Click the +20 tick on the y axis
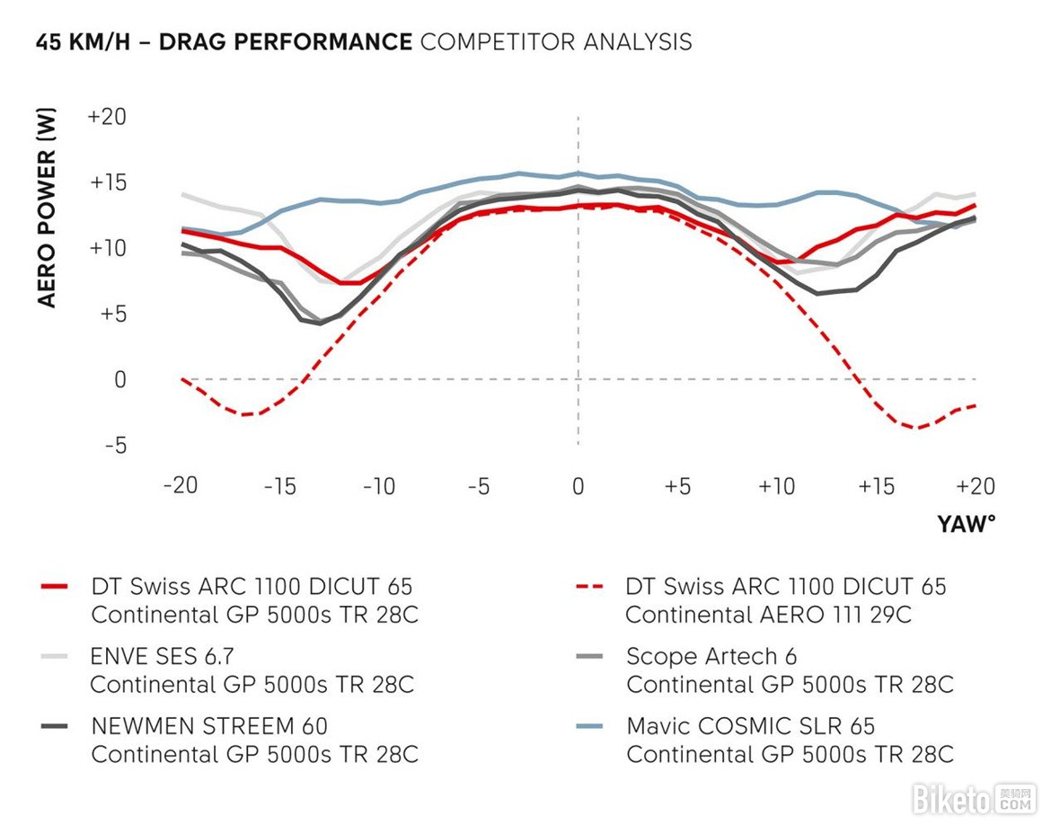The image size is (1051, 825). pos(108,117)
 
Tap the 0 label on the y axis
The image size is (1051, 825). pos(119,380)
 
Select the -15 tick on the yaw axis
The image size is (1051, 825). pos(279,487)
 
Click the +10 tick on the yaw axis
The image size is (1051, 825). pos(776,487)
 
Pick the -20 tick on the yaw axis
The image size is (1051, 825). pos(180,487)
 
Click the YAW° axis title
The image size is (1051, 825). pos(967,524)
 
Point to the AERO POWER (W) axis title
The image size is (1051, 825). pos(47,208)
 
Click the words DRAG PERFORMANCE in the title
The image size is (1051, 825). pos(286,42)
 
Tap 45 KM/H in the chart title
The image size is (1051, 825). pos(85,42)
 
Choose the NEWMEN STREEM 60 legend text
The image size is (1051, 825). pos(209,726)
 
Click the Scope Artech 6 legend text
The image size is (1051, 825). pos(711,657)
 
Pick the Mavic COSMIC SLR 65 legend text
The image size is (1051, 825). pos(750,726)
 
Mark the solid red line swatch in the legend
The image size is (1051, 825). pos(55,588)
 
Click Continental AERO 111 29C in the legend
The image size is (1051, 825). pos(768,615)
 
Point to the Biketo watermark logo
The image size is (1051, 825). pos(975,797)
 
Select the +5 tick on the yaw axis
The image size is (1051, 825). pos(677,487)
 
